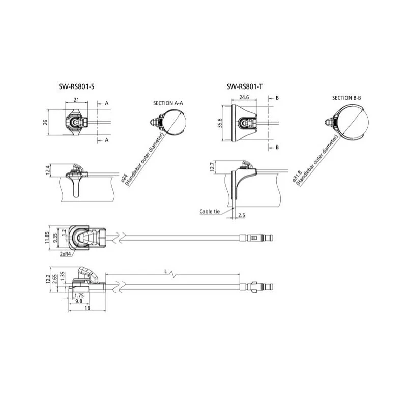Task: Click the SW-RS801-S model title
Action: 76,86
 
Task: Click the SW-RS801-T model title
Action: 245,86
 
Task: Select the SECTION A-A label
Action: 168,103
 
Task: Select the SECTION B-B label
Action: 346,98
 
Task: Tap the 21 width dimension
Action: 76,100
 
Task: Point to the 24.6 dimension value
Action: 244,97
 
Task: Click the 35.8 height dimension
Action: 220,123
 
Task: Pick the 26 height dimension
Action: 45,122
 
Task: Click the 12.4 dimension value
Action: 47,170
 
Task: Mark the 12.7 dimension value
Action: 212,167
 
